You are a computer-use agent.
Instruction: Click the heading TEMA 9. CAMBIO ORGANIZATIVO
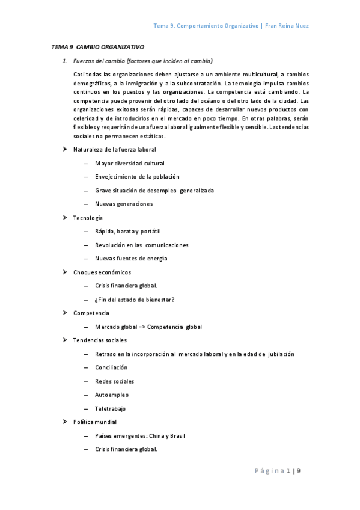pos(98,46)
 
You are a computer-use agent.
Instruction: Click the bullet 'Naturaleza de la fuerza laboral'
pos(114,149)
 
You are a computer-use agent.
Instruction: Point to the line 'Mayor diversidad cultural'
pos(129,163)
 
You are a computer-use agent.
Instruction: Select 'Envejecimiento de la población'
pos(137,177)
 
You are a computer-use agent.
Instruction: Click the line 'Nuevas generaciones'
pos(123,204)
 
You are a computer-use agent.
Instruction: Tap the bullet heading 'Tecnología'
pos(88,218)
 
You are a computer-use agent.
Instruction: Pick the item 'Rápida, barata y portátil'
pos(128,232)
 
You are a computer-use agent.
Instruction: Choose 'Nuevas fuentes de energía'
pos(131,259)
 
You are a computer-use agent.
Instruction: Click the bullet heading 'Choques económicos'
pos(102,272)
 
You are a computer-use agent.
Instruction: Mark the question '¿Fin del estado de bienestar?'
pos(135,300)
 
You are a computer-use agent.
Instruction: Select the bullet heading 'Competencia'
pos(91,313)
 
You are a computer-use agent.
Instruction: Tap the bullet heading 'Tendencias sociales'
pos(100,340)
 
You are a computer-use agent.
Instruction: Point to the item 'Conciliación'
pos(111,367)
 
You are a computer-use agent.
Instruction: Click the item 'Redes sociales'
pos(114,381)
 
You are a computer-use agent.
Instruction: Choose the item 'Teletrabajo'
pos(111,408)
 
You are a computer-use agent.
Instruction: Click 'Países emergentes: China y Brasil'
pos(139,436)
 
